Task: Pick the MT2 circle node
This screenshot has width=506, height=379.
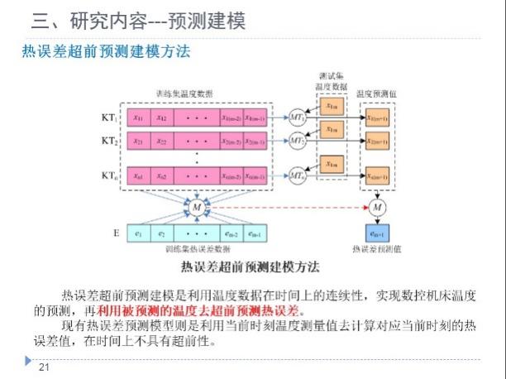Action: pos(297,141)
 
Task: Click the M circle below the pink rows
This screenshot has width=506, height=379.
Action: pos(197,207)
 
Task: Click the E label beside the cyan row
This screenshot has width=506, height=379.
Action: pos(115,233)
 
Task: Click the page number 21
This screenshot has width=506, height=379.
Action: pos(45,367)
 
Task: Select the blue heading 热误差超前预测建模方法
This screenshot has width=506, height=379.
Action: pos(106,51)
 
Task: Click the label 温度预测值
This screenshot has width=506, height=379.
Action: pos(376,94)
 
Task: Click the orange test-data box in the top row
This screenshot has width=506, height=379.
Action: pos(331,106)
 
